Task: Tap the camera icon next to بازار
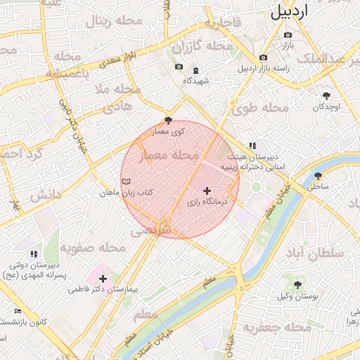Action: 288,35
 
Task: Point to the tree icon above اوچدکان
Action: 326,95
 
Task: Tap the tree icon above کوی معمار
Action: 167,120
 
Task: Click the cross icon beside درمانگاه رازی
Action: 207,191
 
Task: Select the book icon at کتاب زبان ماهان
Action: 126,182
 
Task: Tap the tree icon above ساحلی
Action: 318,176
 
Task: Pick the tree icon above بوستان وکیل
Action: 297,285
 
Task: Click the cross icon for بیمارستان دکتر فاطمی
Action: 103,278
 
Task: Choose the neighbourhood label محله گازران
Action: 202,47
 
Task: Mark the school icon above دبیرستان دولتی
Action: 33,254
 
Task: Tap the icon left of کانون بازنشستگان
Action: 18,311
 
